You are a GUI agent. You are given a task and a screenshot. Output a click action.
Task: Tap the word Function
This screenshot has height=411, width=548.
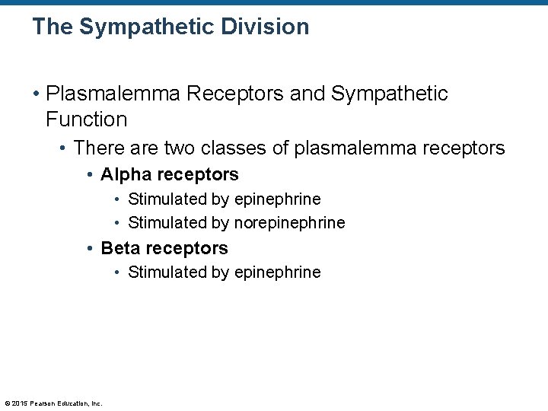click(86, 119)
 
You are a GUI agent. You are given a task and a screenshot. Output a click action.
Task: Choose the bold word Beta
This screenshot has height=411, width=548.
click(120, 248)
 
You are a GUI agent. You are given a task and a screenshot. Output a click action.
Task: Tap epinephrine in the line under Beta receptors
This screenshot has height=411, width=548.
click(277, 272)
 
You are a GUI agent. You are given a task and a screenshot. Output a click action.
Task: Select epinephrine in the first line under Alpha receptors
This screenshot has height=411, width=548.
click(277, 199)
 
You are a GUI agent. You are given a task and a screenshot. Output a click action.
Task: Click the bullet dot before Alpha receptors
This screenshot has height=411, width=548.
click(90, 175)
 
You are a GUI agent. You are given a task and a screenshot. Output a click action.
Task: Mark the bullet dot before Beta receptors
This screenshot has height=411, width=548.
click(90, 249)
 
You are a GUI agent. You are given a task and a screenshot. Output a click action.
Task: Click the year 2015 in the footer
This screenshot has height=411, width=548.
click(19, 403)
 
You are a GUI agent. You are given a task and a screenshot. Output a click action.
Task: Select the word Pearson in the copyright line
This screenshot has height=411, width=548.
click(41, 403)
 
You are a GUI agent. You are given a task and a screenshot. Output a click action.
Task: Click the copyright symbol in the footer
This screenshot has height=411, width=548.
click(7, 403)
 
